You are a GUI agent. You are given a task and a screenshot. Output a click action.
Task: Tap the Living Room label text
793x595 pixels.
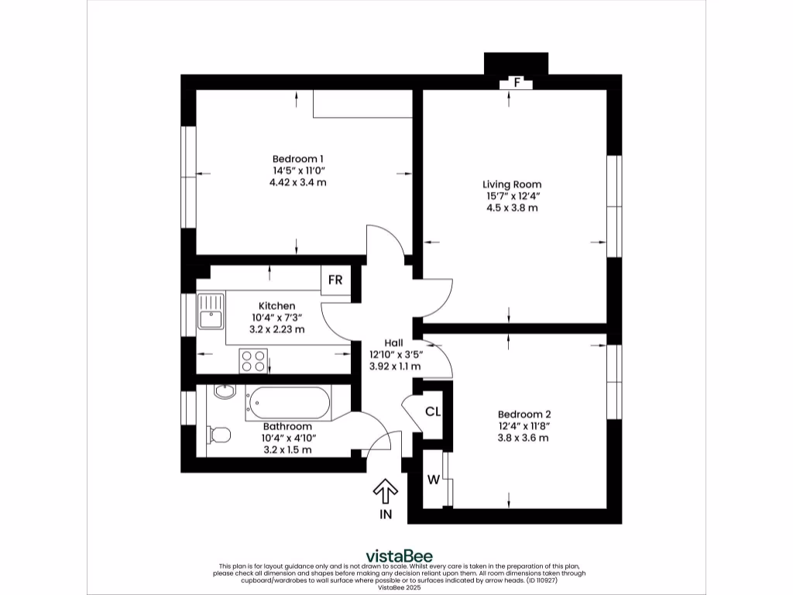pyautogui.click(x=507, y=184)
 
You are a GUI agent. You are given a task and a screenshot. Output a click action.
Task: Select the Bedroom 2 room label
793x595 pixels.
pyautogui.click(x=524, y=414)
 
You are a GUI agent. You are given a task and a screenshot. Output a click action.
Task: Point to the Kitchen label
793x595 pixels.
pyautogui.click(x=276, y=306)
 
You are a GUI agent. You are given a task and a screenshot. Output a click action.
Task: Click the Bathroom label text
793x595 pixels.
pyautogui.click(x=287, y=426)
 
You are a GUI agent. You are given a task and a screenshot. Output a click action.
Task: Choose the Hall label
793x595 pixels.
pyautogui.click(x=395, y=342)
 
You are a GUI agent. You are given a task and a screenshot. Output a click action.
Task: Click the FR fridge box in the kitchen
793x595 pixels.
pyautogui.click(x=335, y=280)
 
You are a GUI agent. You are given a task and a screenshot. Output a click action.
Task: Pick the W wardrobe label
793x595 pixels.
pyautogui.click(x=434, y=480)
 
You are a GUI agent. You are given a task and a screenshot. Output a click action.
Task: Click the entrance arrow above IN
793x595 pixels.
pyautogui.click(x=386, y=491)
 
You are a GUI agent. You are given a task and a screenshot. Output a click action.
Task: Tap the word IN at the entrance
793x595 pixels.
pyautogui.click(x=386, y=514)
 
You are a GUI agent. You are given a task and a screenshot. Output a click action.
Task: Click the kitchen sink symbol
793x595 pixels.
pyautogui.click(x=210, y=311)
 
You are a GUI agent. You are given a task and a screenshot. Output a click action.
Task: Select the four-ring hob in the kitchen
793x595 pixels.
pyautogui.click(x=253, y=361)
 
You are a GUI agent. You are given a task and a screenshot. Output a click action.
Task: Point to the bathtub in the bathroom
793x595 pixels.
pyautogui.click(x=287, y=403)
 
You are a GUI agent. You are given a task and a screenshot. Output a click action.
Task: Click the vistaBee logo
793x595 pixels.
pyautogui.click(x=399, y=555)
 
